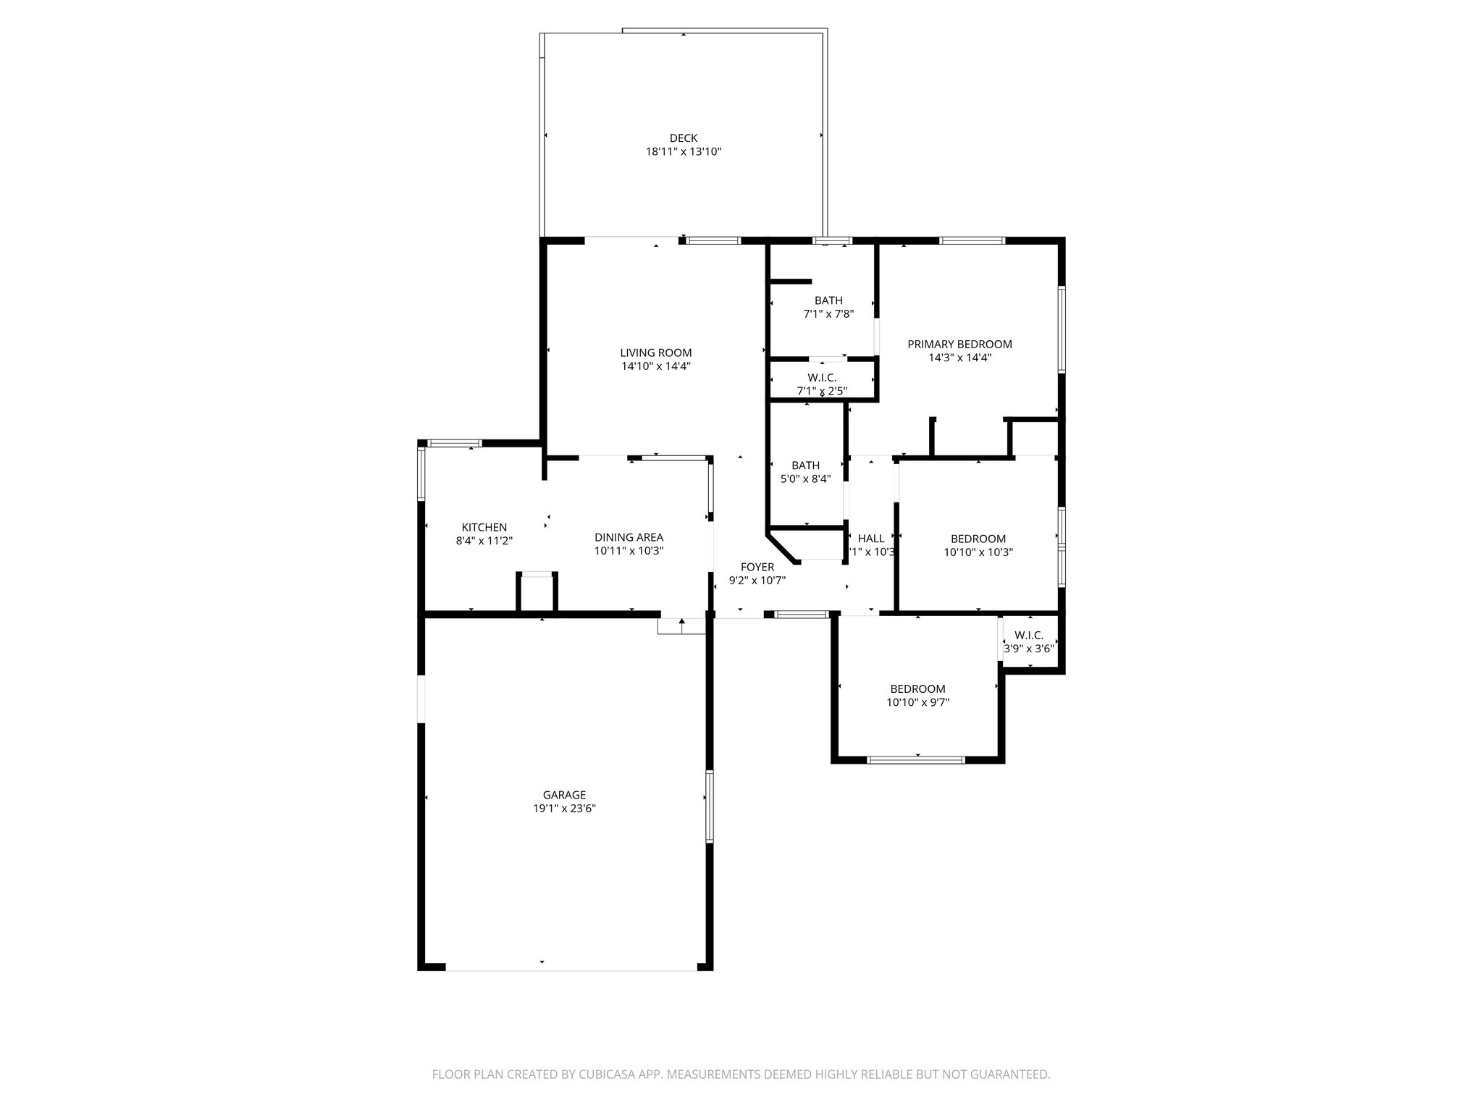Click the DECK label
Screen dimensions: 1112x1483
tap(683, 138)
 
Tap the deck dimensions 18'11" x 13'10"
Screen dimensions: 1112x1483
tap(683, 152)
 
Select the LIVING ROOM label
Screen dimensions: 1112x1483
tap(655, 353)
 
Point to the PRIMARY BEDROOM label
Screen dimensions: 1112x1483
tap(959, 345)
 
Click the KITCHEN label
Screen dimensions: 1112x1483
tap(484, 528)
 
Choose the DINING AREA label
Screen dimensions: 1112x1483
tap(629, 537)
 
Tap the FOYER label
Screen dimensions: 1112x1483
tap(757, 567)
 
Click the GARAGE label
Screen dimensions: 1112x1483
tap(564, 795)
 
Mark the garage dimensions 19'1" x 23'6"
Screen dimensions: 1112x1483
tap(564, 809)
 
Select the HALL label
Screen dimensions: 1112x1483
tap(870, 539)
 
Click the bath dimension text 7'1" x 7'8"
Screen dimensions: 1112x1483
tap(828, 314)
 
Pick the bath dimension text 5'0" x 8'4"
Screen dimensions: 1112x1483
tap(805, 479)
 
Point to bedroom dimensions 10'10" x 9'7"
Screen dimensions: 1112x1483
tap(917, 702)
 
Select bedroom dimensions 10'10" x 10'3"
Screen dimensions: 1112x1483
tap(978, 552)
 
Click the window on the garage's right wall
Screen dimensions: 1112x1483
tap(710, 806)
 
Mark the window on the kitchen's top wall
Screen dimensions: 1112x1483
tap(454, 442)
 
